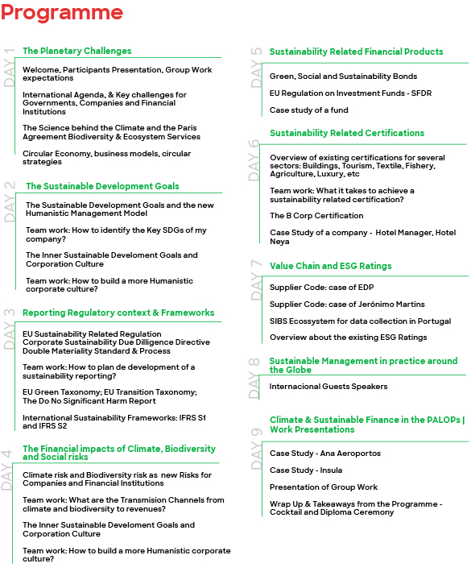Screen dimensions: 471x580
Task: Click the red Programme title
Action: tap(61, 14)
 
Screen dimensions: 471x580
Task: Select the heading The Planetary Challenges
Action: tap(76, 51)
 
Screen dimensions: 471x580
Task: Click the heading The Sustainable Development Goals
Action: tap(102, 186)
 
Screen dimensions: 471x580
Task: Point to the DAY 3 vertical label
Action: tap(10, 329)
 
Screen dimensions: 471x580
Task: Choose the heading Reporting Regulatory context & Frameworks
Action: tap(118, 313)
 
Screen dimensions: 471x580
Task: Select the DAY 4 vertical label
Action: tap(10, 466)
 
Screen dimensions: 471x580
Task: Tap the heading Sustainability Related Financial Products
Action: tap(356, 52)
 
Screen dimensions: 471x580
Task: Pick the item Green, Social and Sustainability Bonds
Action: tap(343, 77)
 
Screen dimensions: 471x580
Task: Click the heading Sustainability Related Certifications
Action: tap(346, 133)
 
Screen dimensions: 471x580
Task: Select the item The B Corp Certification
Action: tap(316, 216)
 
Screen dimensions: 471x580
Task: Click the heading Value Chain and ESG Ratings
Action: tap(330, 266)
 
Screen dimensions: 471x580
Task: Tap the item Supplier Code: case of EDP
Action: tap(321, 288)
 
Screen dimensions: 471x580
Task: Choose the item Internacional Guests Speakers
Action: tap(328, 387)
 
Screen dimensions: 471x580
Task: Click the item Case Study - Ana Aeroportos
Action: tap(324, 454)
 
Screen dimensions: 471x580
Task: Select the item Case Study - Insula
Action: tap(307, 470)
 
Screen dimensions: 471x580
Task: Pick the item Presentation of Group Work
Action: tap(324, 487)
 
